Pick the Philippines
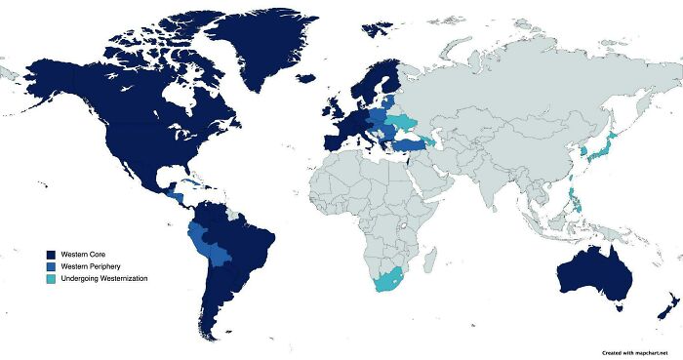click(578, 203)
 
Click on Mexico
click(137, 174)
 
